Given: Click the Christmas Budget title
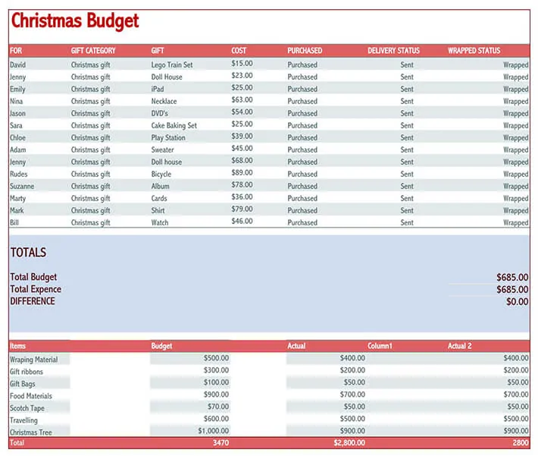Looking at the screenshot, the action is pyautogui.click(x=75, y=21).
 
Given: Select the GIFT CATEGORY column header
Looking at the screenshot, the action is pyautogui.click(x=93, y=51).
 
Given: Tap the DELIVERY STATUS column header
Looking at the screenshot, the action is pyautogui.click(x=393, y=51).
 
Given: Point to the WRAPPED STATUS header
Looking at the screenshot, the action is pyautogui.click(x=474, y=51).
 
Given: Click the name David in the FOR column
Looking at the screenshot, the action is pyautogui.click(x=18, y=65).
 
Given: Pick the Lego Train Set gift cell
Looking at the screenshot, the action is pyautogui.click(x=172, y=65).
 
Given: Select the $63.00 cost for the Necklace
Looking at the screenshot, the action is pyautogui.click(x=242, y=99).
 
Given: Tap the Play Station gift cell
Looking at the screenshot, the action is pyautogui.click(x=168, y=138).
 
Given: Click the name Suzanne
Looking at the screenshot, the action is pyautogui.click(x=22, y=186).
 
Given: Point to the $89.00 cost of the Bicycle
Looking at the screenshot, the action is pyautogui.click(x=242, y=172).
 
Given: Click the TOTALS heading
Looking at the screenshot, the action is pyautogui.click(x=28, y=253).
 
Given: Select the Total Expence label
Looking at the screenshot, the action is pyautogui.click(x=36, y=289).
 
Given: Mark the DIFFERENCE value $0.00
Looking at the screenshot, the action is pyautogui.click(x=517, y=302).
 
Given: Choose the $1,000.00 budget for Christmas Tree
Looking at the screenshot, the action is pyautogui.click(x=213, y=431).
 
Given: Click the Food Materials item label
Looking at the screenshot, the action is pyautogui.click(x=31, y=396).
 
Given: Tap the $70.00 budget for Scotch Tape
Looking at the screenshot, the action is pyautogui.click(x=218, y=407).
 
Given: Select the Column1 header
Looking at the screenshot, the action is pyautogui.click(x=380, y=346).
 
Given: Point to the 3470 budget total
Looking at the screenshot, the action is pyautogui.click(x=221, y=443).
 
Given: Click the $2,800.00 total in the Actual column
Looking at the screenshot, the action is pyautogui.click(x=349, y=443).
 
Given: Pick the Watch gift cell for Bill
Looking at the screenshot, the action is pyautogui.click(x=160, y=222).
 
